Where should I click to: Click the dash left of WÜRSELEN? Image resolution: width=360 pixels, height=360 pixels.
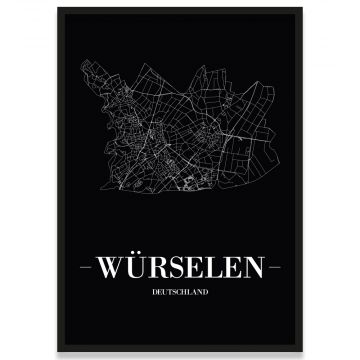(84, 267)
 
